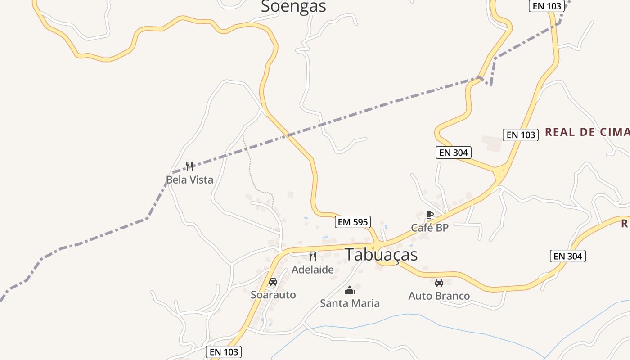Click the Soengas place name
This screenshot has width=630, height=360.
[x=293, y=6]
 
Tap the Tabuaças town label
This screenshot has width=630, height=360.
[x=381, y=255]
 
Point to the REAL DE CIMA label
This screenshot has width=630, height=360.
[x=587, y=132]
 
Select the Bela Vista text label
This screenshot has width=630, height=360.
[x=189, y=180]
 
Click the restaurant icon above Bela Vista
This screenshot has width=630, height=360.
[x=189, y=166]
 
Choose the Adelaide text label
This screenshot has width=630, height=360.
[x=313, y=270]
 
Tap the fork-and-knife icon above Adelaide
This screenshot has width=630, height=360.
[x=313, y=256]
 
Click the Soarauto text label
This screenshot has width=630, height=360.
[x=273, y=295]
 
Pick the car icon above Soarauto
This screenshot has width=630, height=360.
[x=273, y=282]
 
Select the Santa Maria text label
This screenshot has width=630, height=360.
[x=350, y=303]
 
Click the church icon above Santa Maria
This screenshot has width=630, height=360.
[x=350, y=290]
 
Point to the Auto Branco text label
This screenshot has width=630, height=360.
[x=439, y=296]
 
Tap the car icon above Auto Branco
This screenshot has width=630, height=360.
[x=439, y=283]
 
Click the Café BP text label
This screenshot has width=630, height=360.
[x=430, y=228]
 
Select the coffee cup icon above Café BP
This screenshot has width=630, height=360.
[x=429, y=215]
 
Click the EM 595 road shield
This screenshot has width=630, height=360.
[x=353, y=222]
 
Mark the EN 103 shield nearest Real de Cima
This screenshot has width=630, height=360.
[x=521, y=135]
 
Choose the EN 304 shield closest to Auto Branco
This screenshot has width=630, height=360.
[x=568, y=256]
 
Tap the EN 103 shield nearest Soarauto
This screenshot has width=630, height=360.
[x=224, y=352]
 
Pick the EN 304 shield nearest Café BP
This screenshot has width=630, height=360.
[x=454, y=153]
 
